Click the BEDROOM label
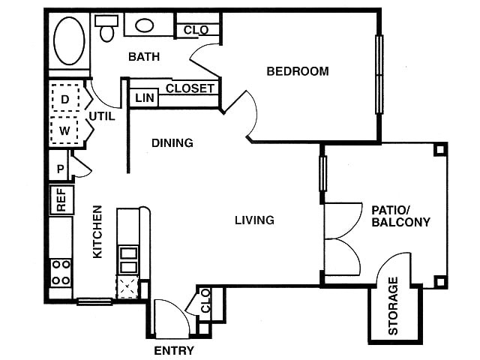[298, 72]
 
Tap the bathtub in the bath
[67, 40]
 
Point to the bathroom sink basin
[144, 25]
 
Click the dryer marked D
[65, 98]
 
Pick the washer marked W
[65, 130]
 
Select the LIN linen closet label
[142, 98]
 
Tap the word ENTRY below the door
[174, 350]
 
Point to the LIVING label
[254, 220]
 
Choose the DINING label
[172, 142]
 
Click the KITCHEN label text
[97, 232]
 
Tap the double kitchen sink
[128, 259]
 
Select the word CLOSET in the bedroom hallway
[190, 88]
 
